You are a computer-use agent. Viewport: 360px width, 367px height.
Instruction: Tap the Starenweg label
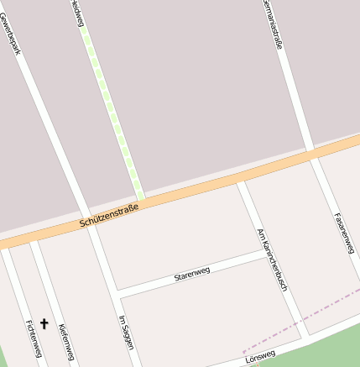point(191,273)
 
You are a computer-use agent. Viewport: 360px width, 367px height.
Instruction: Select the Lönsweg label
point(261,358)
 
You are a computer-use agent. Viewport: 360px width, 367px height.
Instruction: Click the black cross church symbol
point(44,322)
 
